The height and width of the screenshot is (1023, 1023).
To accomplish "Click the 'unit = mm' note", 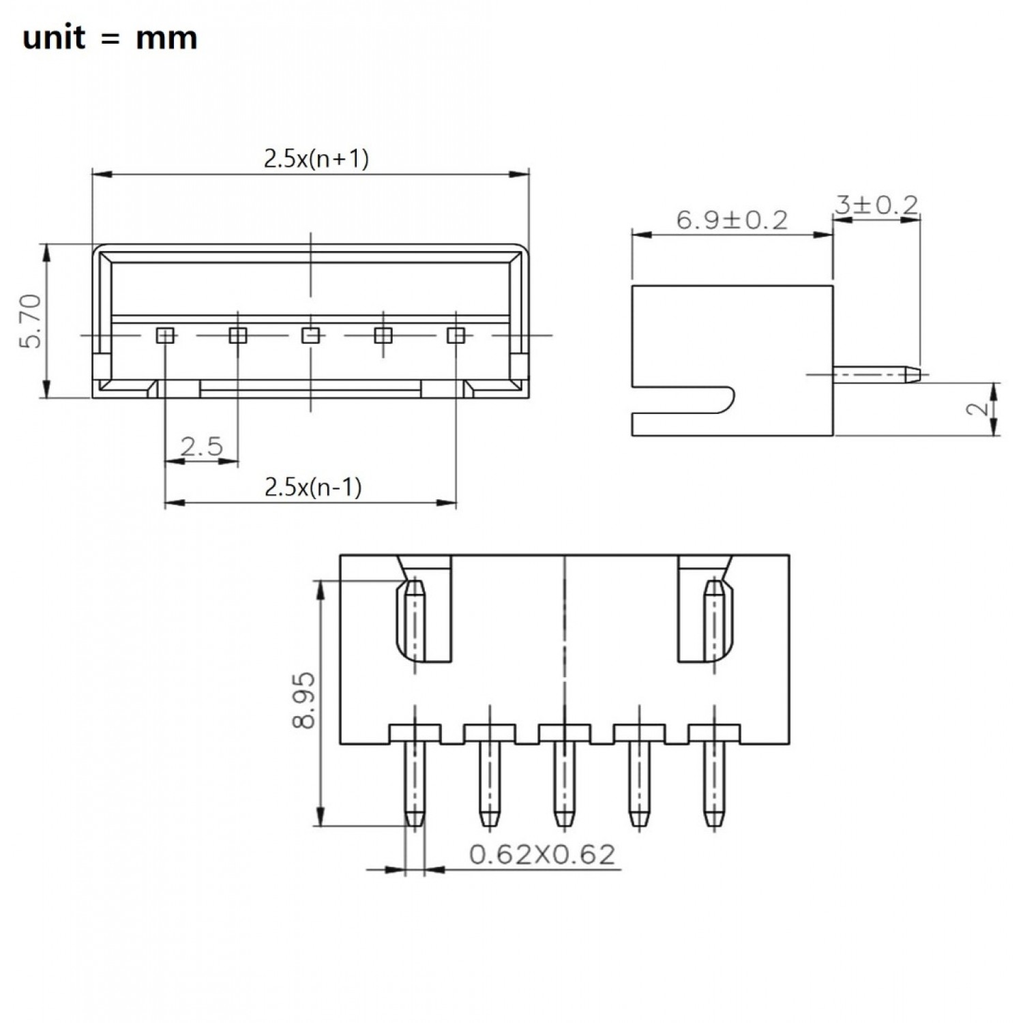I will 110,38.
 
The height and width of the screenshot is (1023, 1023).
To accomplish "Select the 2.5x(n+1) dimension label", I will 316,159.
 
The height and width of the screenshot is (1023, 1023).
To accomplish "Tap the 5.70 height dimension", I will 32,321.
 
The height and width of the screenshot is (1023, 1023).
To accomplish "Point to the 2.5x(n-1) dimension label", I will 312,487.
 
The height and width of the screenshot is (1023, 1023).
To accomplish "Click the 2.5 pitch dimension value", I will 202,447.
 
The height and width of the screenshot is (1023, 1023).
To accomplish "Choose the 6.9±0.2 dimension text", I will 732,220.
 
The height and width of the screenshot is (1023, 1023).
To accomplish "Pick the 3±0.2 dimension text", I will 876,205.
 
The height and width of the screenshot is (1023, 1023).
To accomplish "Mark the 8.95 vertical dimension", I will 303,700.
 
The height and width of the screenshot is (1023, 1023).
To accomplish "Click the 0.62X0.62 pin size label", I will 542,854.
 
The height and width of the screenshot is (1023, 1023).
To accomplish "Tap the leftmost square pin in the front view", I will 165,335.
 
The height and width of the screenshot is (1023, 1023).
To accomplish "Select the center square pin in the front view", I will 310,335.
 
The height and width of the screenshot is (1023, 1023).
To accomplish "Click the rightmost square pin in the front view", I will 456,335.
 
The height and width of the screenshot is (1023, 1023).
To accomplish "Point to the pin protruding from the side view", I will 876,374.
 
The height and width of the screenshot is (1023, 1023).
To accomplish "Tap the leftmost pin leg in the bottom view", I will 415,784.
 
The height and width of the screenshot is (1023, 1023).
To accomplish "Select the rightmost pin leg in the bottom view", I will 714,784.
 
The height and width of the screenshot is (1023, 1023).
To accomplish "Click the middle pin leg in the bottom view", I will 564,784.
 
